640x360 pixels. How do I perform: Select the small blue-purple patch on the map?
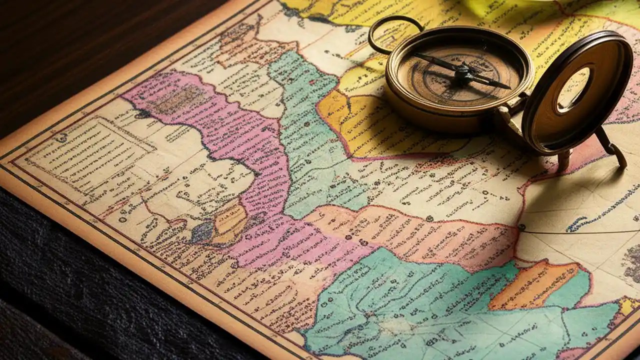click(x=202, y=232)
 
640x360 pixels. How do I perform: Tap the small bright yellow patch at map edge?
click(x=627, y=305)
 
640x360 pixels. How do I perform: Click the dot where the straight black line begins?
click(x=521, y=227)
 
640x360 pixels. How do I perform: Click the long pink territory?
click(x=250, y=165)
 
